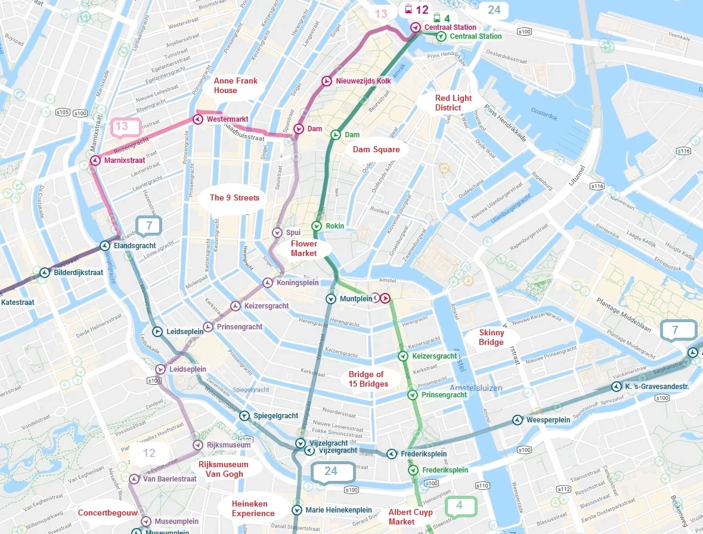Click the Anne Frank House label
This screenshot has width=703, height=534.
point(225,85)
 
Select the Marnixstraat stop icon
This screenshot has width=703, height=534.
point(95,160)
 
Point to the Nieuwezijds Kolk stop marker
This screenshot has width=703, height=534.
point(327,81)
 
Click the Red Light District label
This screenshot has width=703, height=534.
point(453,103)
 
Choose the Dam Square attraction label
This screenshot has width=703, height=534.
point(376,149)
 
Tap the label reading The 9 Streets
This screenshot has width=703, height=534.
point(234,197)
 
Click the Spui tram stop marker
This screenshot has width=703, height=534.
point(277,232)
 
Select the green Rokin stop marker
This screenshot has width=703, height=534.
point(316,226)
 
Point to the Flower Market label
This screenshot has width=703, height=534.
point(304,249)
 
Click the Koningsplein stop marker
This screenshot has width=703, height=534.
point(268,283)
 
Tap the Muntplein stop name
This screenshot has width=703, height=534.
point(355,298)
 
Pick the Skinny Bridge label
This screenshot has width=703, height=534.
point(491,337)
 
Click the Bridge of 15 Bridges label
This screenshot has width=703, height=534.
point(368,379)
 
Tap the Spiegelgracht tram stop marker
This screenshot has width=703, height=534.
point(244,415)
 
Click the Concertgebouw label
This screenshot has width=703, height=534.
point(108,513)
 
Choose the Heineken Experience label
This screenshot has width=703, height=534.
point(253,508)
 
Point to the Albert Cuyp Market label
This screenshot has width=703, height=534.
point(410,517)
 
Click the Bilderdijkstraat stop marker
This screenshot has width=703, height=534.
point(44,273)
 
